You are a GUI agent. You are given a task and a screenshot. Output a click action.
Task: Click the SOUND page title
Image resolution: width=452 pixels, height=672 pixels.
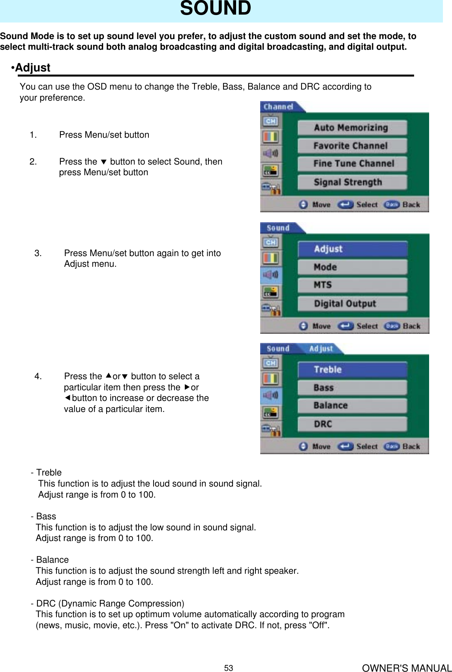click(x=215, y=9)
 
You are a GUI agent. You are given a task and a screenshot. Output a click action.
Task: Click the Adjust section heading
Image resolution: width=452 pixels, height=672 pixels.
click(x=31, y=68)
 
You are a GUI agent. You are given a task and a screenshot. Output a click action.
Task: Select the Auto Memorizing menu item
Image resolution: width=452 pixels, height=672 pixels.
click(x=351, y=128)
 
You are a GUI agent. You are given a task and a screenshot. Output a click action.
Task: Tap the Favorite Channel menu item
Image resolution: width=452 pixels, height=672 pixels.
click(x=351, y=146)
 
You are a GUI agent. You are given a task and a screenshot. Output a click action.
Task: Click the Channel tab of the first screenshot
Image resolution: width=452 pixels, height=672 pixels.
click(x=279, y=107)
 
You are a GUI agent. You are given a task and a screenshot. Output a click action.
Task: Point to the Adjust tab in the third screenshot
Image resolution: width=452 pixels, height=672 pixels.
click(x=321, y=349)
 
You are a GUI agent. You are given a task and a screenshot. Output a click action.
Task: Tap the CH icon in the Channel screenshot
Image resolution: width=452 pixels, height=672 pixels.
click(x=270, y=121)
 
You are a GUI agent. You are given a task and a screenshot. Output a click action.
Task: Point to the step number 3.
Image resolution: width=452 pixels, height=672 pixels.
click(x=38, y=253)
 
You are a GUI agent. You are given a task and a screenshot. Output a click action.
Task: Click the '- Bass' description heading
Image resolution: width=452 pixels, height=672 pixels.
click(x=44, y=516)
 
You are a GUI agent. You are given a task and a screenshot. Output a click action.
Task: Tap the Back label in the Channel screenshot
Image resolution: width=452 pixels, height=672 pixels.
click(x=411, y=205)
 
